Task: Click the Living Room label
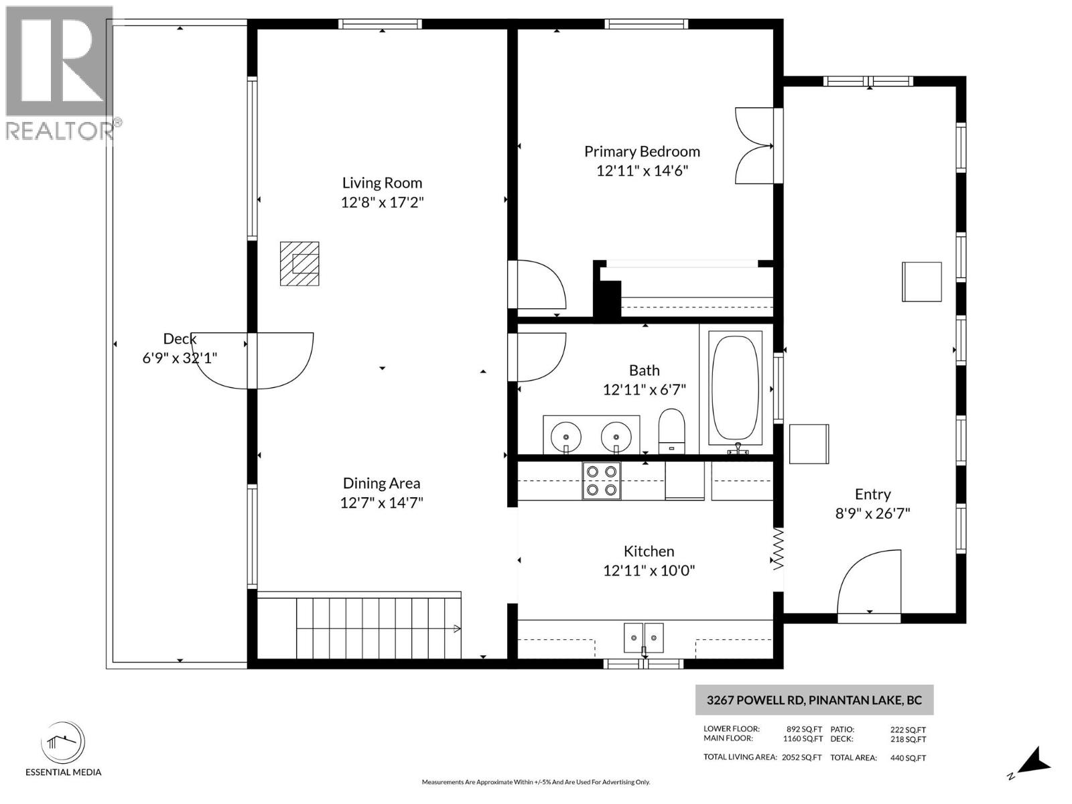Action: (382, 182)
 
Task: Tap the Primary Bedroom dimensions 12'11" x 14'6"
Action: (642, 171)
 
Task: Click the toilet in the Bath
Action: (671, 430)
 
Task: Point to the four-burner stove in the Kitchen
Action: (602, 480)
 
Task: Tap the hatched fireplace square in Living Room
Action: (299, 263)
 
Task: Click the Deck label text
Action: (180, 339)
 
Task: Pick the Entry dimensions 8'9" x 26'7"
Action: (872, 514)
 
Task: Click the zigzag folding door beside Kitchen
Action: (779, 549)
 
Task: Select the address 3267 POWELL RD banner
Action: (814, 700)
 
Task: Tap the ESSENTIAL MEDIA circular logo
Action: (63, 743)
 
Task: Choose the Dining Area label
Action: (381, 483)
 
